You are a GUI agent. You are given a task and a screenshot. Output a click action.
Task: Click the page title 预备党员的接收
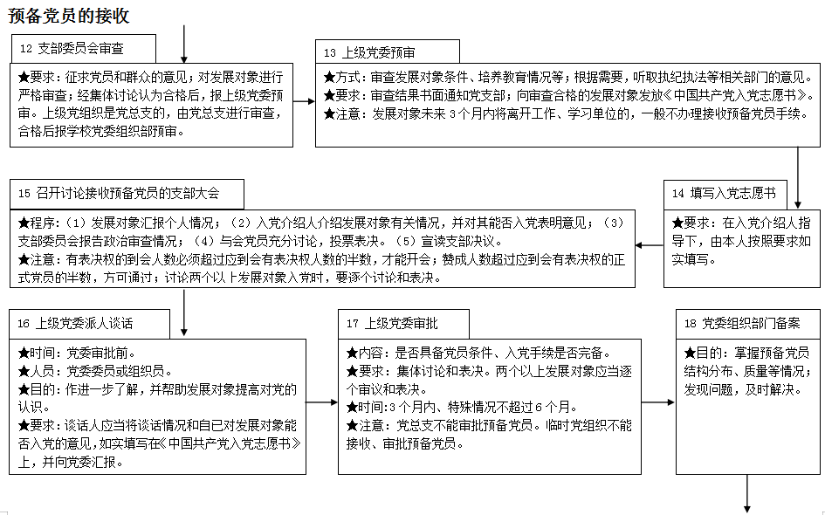coord(70,16)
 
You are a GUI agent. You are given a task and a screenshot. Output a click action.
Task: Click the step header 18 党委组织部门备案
coord(741,323)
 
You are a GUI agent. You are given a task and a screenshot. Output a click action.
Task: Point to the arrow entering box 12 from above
coord(184,43)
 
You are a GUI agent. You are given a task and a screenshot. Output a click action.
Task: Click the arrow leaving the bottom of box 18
coord(747,492)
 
